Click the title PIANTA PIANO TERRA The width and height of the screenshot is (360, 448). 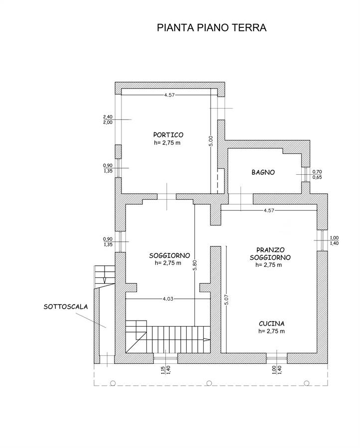(212, 28)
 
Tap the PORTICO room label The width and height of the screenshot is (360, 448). (168, 134)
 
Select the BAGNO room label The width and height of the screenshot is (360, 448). (263, 172)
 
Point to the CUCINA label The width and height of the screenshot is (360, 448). (272, 324)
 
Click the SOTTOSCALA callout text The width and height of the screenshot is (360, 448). (66, 307)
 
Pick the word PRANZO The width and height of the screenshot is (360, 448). (270, 250)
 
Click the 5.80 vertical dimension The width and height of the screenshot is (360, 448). (195, 265)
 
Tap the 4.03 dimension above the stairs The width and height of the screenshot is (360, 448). (168, 299)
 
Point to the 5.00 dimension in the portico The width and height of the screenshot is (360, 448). (211, 141)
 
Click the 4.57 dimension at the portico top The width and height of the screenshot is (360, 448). (169, 95)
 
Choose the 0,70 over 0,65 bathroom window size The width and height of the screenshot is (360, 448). (317, 174)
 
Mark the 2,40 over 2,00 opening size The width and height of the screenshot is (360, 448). (108, 119)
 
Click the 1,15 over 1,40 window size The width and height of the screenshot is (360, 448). (165, 370)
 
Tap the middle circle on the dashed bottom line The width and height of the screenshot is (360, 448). (209, 383)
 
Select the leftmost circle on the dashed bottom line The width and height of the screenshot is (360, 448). (113, 383)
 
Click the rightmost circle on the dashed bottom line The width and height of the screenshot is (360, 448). (307, 383)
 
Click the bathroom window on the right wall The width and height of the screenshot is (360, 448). (306, 174)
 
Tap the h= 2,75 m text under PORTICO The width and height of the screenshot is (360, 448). (167, 142)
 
